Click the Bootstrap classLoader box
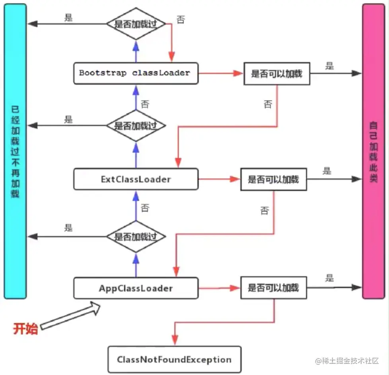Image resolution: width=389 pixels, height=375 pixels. (136, 73)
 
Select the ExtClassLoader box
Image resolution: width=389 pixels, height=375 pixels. (136, 179)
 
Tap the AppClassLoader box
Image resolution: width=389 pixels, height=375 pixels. (136, 288)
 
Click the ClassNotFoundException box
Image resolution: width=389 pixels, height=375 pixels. (174, 360)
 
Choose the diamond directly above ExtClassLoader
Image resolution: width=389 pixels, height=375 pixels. (136, 126)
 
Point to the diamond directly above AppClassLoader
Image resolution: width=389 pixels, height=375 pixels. (136, 237)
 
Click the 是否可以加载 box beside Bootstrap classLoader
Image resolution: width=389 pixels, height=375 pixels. (276, 73)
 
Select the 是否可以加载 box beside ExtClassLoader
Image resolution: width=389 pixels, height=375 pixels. (273, 180)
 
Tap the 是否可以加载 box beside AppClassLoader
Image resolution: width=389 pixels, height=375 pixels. (273, 288)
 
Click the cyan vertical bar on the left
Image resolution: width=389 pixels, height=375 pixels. (15, 151)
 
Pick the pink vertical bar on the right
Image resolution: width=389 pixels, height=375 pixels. (373, 151)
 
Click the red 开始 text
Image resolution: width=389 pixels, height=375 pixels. (25, 329)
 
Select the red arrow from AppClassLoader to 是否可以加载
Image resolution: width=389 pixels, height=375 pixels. (219, 288)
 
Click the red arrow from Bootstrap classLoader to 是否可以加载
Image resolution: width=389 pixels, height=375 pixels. (221, 73)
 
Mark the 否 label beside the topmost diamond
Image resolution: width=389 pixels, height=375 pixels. (181, 19)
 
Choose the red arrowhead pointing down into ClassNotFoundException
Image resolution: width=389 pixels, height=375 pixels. (174, 340)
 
